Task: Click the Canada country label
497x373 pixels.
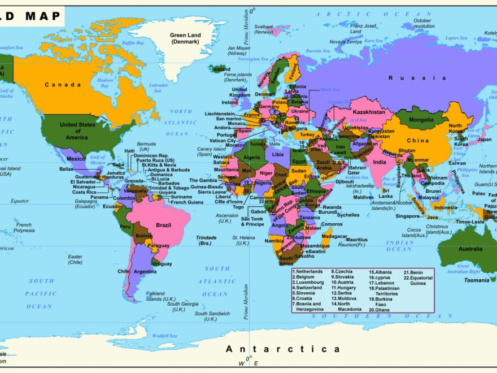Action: point(63,85)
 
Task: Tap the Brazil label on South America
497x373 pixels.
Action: point(163,225)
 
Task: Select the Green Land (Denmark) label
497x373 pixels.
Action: point(186,38)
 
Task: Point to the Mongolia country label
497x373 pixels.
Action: point(421,120)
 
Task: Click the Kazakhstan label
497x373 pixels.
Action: point(369,112)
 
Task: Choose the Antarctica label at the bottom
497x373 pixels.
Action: point(283,349)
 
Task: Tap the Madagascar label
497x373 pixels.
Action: point(334,236)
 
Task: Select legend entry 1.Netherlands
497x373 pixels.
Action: point(307,271)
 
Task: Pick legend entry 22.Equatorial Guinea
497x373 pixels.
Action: point(419,280)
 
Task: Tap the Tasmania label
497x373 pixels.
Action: point(477,280)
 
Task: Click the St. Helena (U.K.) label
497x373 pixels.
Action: point(242,240)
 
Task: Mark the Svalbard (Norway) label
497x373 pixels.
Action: point(263,29)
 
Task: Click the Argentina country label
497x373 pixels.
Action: point(145,272)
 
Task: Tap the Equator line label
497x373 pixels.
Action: point(20,201)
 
